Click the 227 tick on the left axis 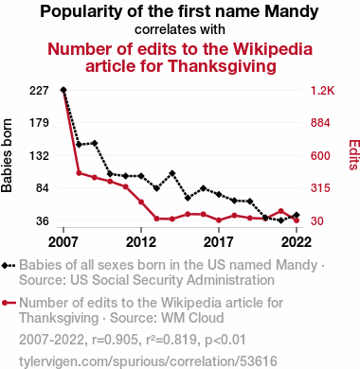click(39, 91)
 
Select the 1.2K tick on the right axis click(322, 91)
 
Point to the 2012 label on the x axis click(141, 242)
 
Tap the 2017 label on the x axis click(219, 242)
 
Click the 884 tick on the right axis click(320, 123)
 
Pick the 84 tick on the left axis click(42, 188)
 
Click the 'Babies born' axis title click(7, 155)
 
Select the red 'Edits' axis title click(354, 155)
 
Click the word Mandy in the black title click(292, 12)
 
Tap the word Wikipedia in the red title click(273, 49)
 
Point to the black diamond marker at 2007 click(63, 90)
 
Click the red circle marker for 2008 click(79, 173)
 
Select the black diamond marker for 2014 click(172, 173)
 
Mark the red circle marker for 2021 click(281, 211)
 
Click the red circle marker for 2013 click(156, 219)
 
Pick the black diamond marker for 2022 click(297, 215)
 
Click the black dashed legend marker click(9, 266)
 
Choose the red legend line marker click(9, 303)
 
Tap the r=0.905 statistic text click(116, 340)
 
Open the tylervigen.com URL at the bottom click(148, 361)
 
